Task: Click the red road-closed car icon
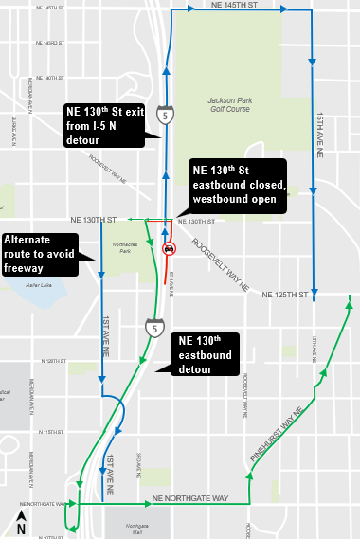(170, 249)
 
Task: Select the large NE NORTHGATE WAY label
(175, 498)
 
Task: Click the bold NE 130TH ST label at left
(94, 220)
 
